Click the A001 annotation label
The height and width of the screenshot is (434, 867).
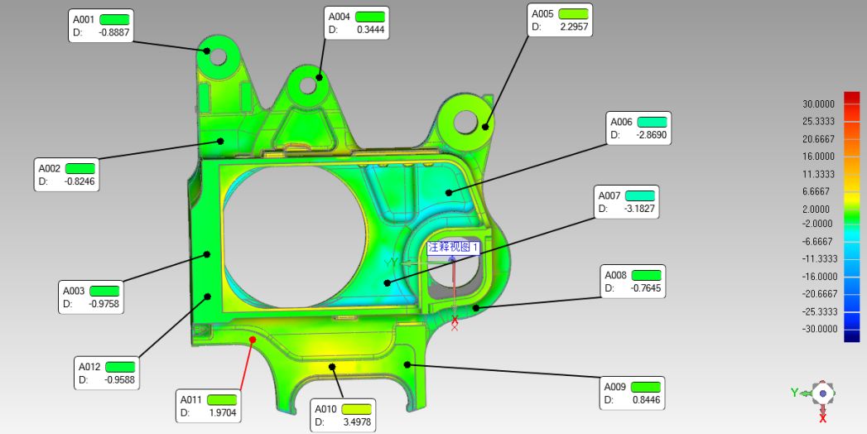pyautogui.click(x=84, y=19)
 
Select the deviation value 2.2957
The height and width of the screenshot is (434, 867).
pyautogui.click(x=574, y=27)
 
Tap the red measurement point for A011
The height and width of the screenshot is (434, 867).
pyautogui.click(x=252, y=340)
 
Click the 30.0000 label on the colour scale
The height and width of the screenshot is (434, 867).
pyautogui.click(x=818, y=104)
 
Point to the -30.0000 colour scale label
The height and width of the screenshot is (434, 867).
pyautogui.click(x=820, y=329)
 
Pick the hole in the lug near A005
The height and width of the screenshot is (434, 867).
pyautogui.click(x=465, y=122)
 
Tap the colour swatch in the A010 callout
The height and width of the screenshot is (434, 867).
pyautogui.click(x=356, y=409)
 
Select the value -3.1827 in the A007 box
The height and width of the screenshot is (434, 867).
pyautogui.click(x=639, y=209)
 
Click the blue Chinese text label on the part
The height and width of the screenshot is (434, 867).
pyautogui.click(x=453, y=247)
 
